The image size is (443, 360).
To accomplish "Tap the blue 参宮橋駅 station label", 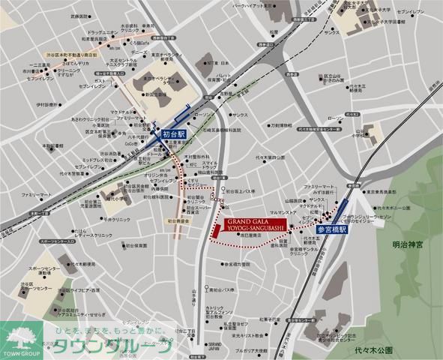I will click(331, 229).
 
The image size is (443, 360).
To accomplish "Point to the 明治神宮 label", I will click(409, 244).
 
